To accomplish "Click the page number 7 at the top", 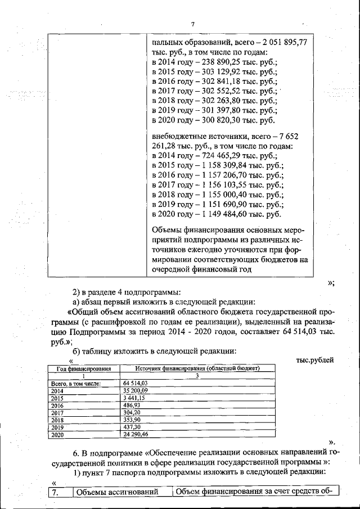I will (x=192, y=24).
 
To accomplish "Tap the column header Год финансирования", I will (x=78, y=368).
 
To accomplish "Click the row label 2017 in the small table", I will (x=57, y=412).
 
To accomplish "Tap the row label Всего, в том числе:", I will (x=75, y=383).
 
